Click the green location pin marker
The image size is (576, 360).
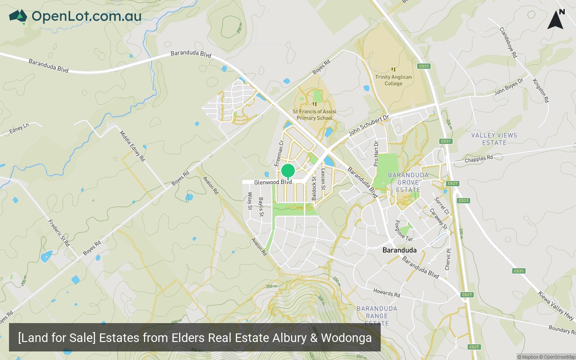[x=288, y=171]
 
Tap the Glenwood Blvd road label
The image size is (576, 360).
[x=273, y=182]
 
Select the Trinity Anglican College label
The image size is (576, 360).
[x=393, y=80]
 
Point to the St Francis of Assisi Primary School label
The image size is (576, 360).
[x=314, y=115]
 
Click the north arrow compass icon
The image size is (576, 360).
[x=556, y=20]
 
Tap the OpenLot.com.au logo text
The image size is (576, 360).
[x=86, y=16]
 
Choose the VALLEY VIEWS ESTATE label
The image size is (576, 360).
[x=494, y=139]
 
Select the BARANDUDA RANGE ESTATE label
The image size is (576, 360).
[x=377, y=316]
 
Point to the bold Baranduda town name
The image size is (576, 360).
[x=399, y=250]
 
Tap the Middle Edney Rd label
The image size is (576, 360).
[x=132, y=146]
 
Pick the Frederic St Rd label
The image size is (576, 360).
[x=59, y=232]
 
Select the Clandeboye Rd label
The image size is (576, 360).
[x=508, y=42]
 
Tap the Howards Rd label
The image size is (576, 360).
[x=387, y=292]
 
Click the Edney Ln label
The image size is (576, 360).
[x=18, y=129]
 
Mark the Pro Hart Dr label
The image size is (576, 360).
[x=376, y=153]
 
